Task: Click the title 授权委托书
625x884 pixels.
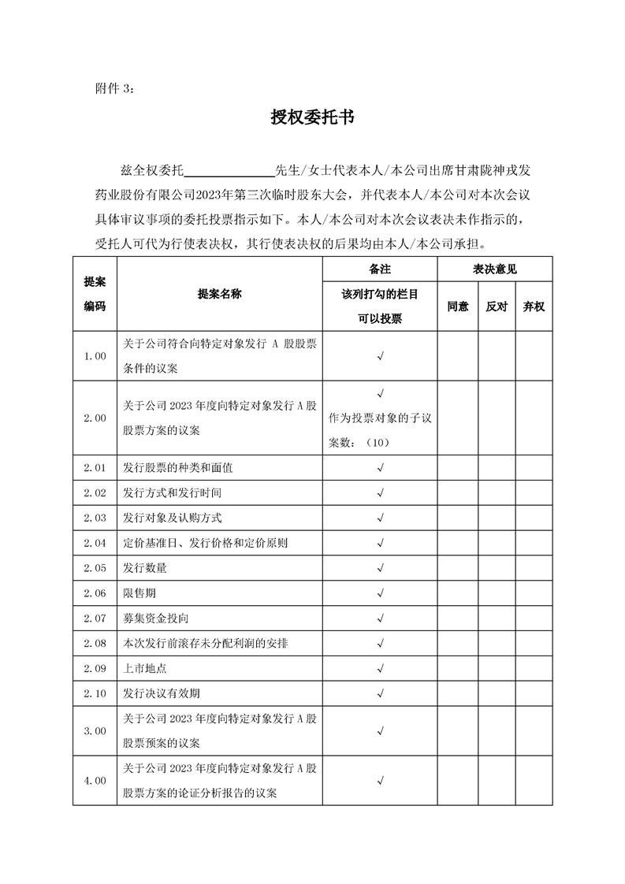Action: click(312, 118)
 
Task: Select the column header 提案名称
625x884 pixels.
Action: click(220, 293)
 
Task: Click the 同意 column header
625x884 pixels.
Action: click(458, 306)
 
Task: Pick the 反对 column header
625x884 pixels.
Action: click(497, 306)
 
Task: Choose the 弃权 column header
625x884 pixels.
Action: click(534, 306)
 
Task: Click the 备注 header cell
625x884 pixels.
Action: click(380, 269)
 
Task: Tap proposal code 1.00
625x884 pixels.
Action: click(95, 356)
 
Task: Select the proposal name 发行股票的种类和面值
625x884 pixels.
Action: click(178, 468)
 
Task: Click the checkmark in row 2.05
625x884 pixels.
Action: click(380, 568)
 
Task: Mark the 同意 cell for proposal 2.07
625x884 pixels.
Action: click(458, 618)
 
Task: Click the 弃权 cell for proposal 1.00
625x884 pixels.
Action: click(534, 356)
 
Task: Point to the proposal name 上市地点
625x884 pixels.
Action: click(145, 668)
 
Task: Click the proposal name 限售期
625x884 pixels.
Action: click(140, 593)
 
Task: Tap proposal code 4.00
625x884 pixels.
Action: click(95, 781)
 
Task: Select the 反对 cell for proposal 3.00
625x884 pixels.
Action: click(497, 731)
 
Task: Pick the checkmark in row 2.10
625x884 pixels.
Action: click(380, 693)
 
